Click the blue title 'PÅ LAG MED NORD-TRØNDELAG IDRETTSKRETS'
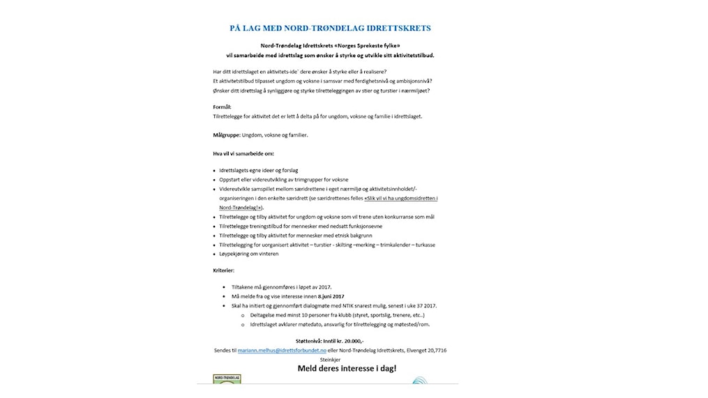coord(330,29)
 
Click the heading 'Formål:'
coord(223,107)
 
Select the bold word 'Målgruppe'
coord(226,134)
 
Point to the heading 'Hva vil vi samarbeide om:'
coord(243,153)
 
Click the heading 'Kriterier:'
coord(224,269)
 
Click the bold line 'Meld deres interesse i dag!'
coord(347,368)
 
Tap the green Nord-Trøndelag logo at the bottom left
coord(227,379)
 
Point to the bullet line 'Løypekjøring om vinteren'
coord(248,254)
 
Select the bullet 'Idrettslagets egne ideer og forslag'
coord(259,171)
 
